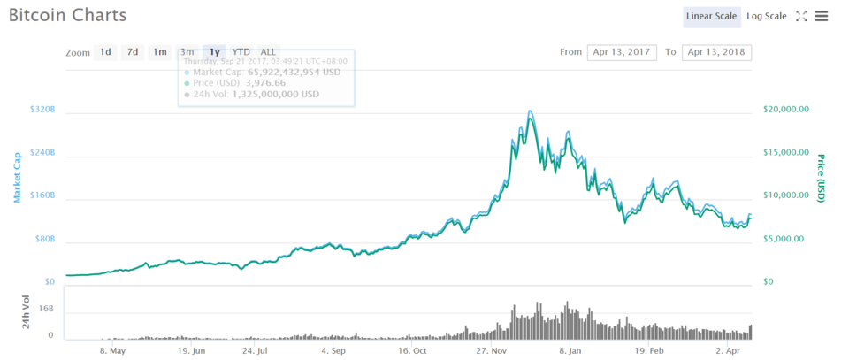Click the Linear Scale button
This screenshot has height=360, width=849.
click(712, 16)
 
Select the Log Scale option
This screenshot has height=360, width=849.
click(766, 16)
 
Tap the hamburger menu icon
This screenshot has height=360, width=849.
click(822, 16)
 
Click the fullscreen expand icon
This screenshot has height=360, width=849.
click(801, 16)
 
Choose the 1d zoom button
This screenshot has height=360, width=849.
click(105, 52)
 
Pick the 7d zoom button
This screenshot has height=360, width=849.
click(133, 52)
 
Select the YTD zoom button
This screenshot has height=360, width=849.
click(241, 52)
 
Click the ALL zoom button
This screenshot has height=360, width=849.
click(268, 52)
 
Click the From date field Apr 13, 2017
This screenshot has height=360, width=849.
click(622, 52)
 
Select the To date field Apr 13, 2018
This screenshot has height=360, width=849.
click(717, 52)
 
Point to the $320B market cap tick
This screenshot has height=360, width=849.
click(42, 111)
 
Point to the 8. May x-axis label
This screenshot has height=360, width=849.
click(113, 350)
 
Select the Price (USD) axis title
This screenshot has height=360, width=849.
click(822, 178)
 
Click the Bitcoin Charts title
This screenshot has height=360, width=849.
click(67, 15)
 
